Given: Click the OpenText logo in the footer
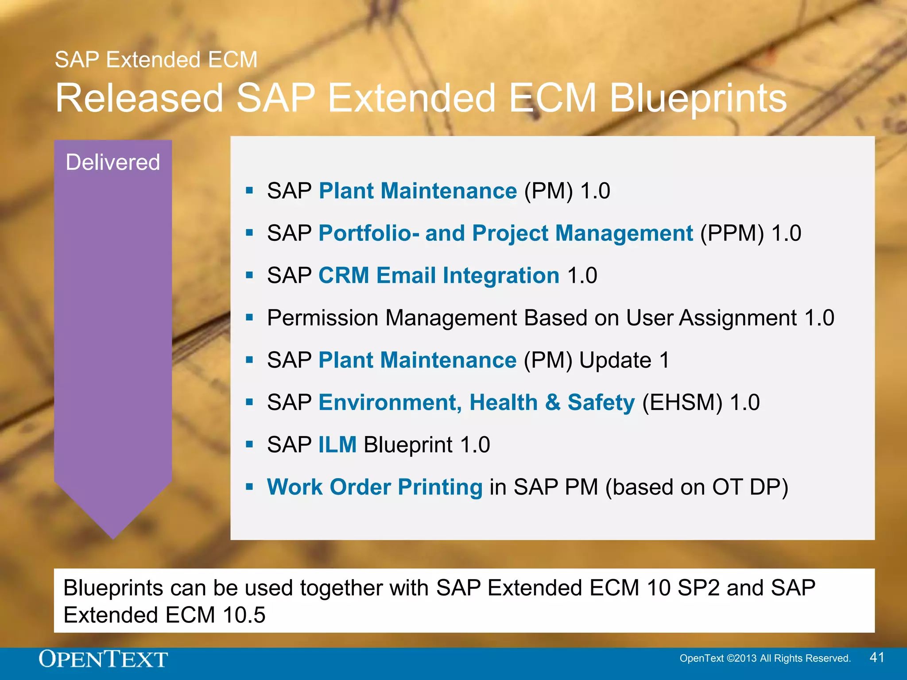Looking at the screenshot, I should [x=103, y=659].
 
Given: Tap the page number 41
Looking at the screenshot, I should [x=877, y=657].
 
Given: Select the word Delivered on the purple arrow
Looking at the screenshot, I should [x=113, y=162].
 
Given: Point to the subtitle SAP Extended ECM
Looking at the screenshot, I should [x=156, y=60].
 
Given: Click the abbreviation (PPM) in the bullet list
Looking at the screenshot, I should [x=732, y=233].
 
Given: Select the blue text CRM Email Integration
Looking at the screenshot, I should [x=438, y=275].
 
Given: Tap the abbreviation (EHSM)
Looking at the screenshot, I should [x=682, y=402].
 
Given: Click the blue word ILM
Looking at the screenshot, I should [x=337, y=444].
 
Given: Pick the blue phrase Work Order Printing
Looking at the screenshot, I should [x=375, y=487].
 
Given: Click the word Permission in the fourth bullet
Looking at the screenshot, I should [x=323, y=318].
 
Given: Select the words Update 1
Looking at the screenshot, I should [x=624, y=360].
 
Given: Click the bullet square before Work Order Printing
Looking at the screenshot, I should [x=249, y=487].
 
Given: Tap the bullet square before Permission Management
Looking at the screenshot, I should [x=249, y=317].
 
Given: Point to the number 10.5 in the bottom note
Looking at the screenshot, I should [x=244, y=615].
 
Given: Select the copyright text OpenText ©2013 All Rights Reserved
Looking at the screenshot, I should [x=765, y=658].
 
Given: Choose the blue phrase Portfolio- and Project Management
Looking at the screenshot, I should [x=505, y=233].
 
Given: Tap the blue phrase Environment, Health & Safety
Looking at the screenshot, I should [x=477, y=402].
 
